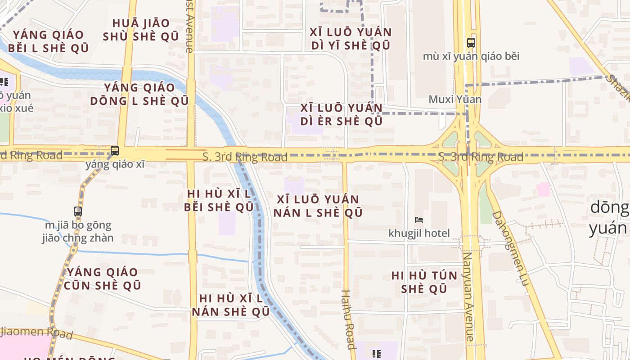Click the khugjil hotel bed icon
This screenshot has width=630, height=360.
419,220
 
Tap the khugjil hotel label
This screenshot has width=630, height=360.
419,233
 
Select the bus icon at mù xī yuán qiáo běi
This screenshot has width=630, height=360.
471,43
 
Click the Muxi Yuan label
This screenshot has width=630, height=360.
455,99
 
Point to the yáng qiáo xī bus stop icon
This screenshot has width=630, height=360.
115,151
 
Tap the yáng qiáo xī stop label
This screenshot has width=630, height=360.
115,164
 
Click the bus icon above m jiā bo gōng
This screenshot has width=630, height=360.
78,211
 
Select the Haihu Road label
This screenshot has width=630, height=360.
348,319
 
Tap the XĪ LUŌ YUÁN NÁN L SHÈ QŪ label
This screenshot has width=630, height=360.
318,206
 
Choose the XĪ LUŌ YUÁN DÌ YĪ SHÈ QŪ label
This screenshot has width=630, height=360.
350,39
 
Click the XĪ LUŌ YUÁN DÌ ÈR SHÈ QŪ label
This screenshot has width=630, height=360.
342,114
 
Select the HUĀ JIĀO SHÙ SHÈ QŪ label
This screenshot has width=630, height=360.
141,30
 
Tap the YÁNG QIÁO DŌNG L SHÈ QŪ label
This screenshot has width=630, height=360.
139,94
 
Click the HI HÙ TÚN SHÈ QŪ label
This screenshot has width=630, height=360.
424,282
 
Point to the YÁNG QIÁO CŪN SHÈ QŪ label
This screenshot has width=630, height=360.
103,279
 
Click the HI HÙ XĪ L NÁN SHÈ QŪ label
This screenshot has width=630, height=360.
231,305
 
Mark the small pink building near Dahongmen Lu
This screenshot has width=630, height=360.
543,189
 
